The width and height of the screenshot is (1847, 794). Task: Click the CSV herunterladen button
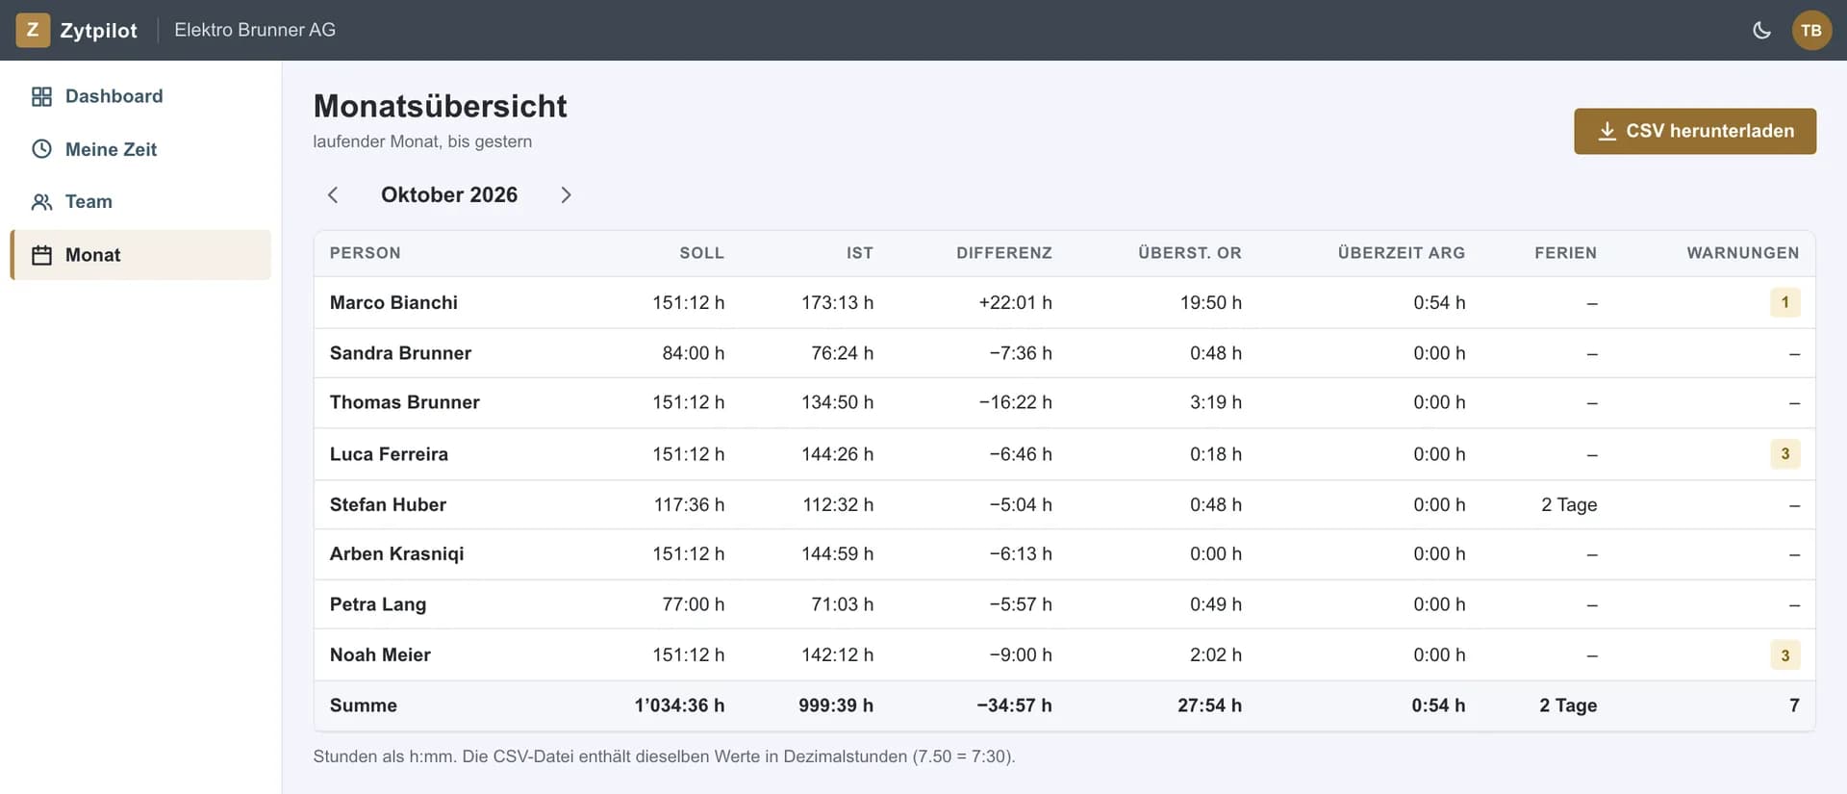point(1695,131)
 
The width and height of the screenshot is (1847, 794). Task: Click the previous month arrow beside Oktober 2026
point(333,195)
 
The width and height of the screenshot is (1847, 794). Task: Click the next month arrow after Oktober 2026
point(566,195)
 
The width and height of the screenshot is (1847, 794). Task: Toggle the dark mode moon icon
point(1761,30)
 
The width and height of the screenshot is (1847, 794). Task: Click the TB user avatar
point(1811,30)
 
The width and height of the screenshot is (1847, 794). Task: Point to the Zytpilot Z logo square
point(33,30)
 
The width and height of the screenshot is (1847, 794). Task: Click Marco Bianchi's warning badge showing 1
point(1785,302)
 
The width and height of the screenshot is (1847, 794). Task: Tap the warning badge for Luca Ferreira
point(1785,453)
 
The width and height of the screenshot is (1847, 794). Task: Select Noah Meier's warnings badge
point(1785,654)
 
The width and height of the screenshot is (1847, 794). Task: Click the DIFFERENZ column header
point(1004,253)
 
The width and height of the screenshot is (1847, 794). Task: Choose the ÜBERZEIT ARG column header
point(1402,253)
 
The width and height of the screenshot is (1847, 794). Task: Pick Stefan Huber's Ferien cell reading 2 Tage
point(1569,504)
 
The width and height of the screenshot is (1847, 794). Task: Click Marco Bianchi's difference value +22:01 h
point(1015,302)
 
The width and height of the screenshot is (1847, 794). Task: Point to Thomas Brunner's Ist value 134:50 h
point(837,402)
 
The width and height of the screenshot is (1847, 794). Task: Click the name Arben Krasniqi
point(396,553)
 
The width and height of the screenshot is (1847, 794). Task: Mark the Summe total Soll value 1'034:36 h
point(679,705)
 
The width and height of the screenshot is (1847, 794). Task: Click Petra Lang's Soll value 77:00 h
point(693,604)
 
